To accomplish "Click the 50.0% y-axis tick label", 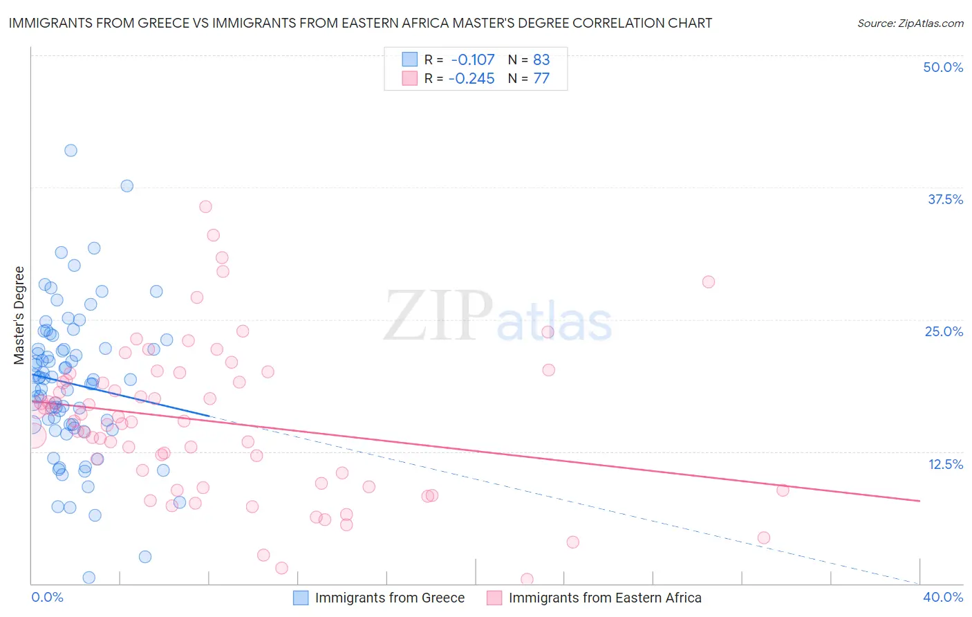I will [943, 67].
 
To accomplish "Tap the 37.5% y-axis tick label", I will [945, 199].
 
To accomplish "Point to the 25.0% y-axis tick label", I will [944, 331].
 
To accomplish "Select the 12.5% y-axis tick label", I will [945, 464].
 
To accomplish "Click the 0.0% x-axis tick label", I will [47, 597].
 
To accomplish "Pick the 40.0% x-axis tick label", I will [943, 597].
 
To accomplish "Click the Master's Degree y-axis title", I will [19, 315].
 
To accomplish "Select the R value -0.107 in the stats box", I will [472, 59].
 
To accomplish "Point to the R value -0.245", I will [471, 78].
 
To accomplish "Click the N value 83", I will [541, 59].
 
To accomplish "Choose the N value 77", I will [541, 78].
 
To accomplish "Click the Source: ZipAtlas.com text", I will [910, 24].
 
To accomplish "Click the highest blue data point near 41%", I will [71, 150].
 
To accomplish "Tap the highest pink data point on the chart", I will [205, 206].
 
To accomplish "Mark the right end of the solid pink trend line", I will [919, 500].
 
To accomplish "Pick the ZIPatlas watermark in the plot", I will [498, 316].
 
